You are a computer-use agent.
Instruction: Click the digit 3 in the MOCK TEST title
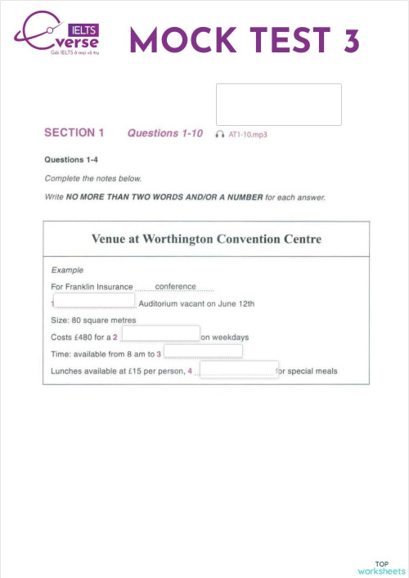tap(351, 40)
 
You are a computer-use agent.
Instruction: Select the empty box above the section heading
tap(278, 105)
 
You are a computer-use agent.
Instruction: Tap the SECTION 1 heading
tap(74, 132)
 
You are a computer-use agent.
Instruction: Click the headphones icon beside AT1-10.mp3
tap(219, 133)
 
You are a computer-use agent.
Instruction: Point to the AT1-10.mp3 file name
tap(248, 133)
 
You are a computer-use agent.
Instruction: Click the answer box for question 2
tap(161, 334)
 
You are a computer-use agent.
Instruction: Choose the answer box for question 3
tap(204, 352)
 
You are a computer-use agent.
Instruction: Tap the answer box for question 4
tap(239, 370)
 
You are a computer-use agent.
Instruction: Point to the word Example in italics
tap(67, 270)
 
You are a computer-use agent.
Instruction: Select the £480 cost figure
tap(83, 337)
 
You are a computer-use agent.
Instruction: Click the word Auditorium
tap(169, 303)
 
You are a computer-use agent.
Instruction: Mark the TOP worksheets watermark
tap(381, 567)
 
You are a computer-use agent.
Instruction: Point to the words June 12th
tap(238, 303)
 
